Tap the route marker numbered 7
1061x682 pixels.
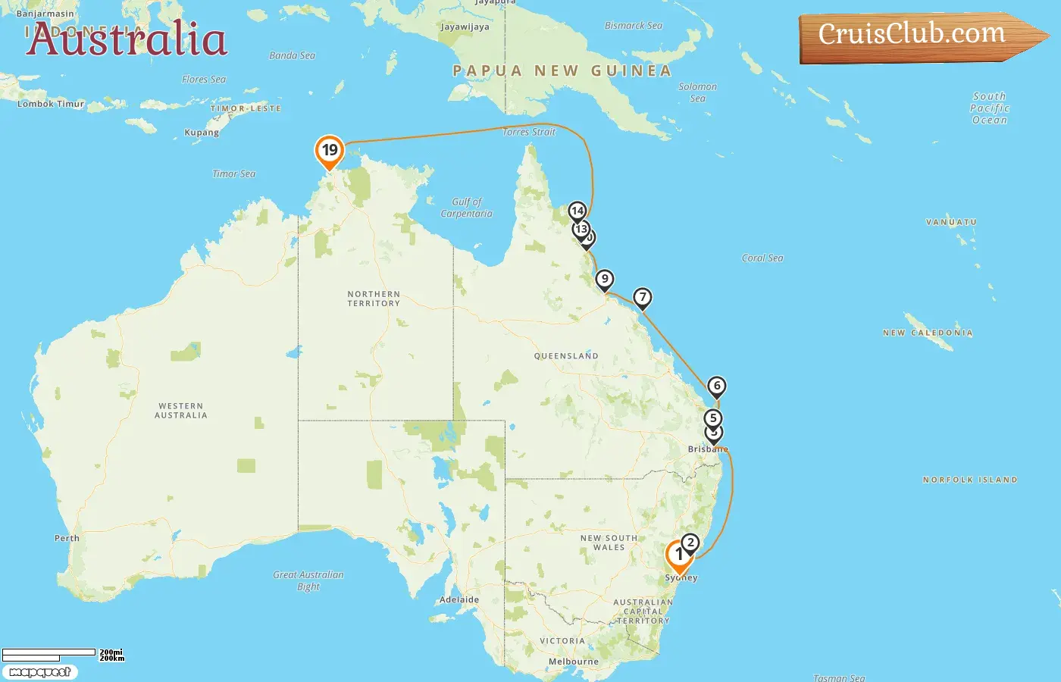[x=643, y=298]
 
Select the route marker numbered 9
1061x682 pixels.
[x=604, y=280]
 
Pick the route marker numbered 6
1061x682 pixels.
[x=716, y=386]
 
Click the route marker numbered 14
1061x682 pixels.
[x=577, y=211]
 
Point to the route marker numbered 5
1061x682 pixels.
[x=712, y=418]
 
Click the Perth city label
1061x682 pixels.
[x=67, y=538]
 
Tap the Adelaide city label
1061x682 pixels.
[x=459, y=599]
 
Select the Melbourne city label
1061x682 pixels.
[x=574, y=662]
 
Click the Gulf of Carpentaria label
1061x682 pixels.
[x=467, y=208]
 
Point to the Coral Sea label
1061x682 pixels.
[x=762, y=258]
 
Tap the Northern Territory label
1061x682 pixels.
[x=374, y=299]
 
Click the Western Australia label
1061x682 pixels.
[x=181, y=411]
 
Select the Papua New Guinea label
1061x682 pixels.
[x=562, y=71]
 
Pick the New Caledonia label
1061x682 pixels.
[x=928, y=333]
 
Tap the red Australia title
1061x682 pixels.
[x=127, y=39]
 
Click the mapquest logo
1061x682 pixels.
[x=40, y=672]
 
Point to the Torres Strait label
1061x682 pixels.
[x=529, y=132]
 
